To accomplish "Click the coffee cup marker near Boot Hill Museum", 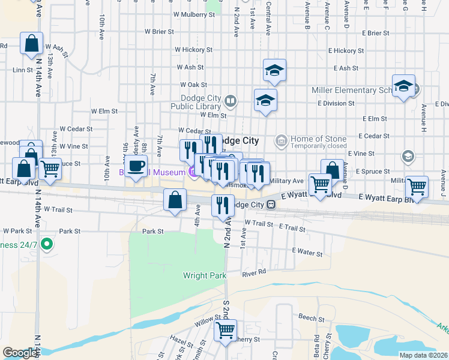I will point(136,166).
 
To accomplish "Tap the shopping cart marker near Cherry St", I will point(225,329).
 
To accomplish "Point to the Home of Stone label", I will point(319,139).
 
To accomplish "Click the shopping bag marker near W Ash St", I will point(31,43).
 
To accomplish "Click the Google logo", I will point(20,353).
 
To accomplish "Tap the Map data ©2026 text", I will point(423,355).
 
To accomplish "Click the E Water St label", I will point(307,253).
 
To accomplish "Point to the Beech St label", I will point(310,316).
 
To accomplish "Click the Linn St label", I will point(22,70).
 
